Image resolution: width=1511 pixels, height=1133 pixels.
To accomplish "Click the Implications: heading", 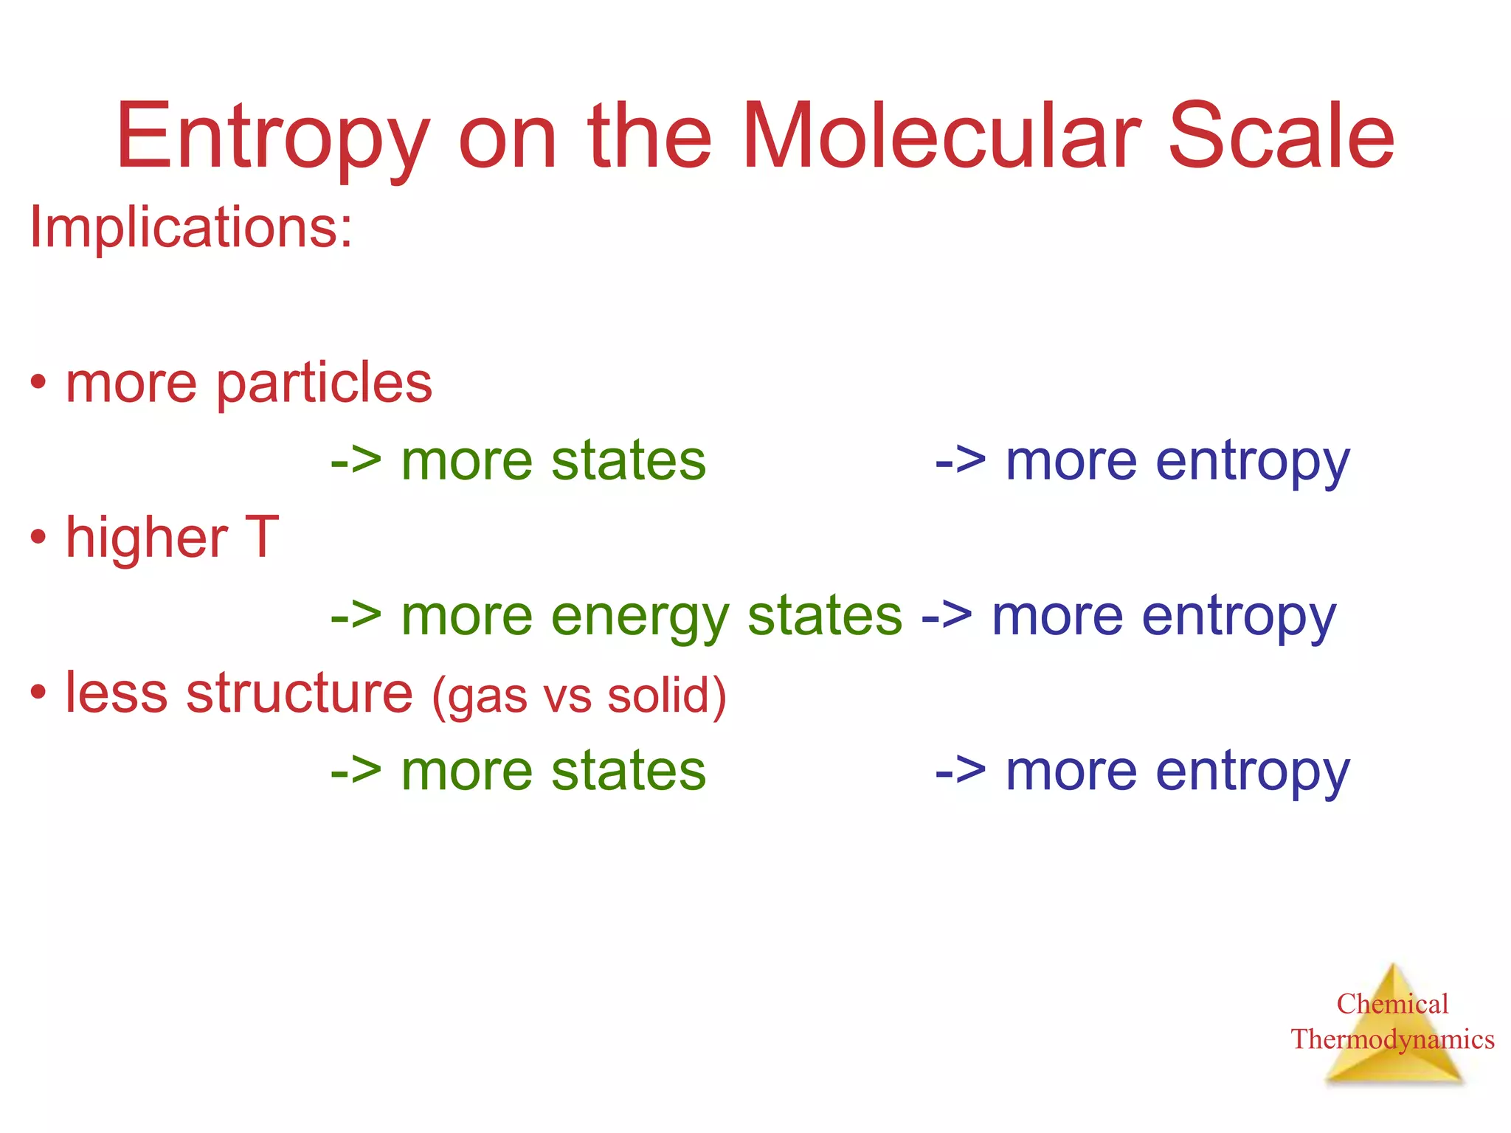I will tap(190, 227).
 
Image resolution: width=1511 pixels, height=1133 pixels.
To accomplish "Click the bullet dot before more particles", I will tap(38, 384).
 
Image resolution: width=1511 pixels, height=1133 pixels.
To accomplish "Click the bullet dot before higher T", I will tap(38, 538).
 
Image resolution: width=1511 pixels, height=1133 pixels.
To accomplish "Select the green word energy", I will tap(640, 617).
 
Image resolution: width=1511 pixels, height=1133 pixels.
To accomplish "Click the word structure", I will tap(300, 693).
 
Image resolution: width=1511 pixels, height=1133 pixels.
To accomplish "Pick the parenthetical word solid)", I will tap(667, 695).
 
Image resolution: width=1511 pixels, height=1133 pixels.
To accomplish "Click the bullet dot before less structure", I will tap(38, 693).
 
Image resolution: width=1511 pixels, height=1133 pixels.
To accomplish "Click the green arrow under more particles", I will tap(356, 462).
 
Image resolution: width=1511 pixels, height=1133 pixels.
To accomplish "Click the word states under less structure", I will tap(629, 772).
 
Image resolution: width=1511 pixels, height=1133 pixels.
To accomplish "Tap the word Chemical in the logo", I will tap(1392, 1004).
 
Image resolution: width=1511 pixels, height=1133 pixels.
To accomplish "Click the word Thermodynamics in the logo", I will tap(1392, 1039).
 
